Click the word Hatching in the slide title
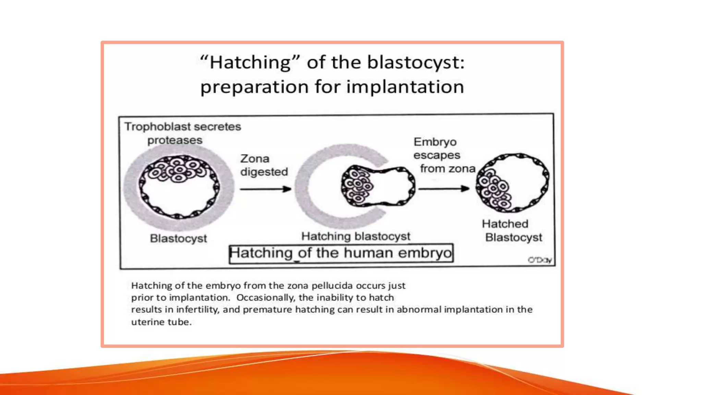point(250,63)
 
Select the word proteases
point(175,140)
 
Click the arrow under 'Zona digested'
point(265,189)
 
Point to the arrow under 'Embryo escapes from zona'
point(444,189)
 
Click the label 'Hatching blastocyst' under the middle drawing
point(355,236)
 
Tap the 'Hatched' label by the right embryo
point(505,224)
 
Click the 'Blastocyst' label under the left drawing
point(178,238)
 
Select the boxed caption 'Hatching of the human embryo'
point(341,253)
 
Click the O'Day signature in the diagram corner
point(540,260)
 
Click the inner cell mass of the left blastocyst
point(178,169)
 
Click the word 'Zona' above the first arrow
point(255,159)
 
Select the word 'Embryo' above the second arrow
point(435,142)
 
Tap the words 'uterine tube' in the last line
point(161,322)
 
